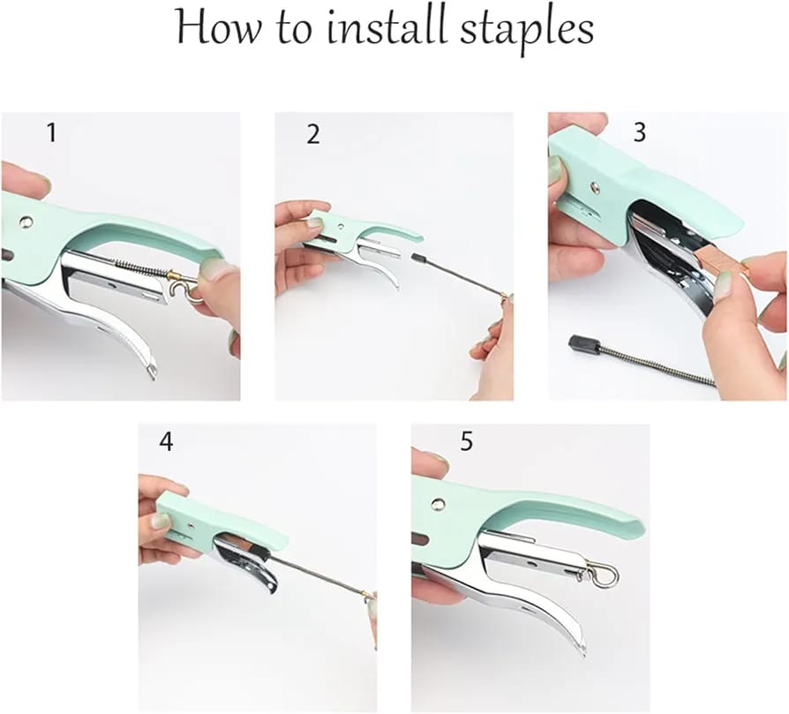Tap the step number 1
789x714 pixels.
51,133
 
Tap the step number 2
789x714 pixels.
313,134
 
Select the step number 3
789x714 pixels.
640,132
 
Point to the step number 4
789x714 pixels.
166,442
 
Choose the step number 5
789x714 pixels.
466,441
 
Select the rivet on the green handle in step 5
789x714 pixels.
438,504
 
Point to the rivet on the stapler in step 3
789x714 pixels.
595,187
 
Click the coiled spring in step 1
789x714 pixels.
141,267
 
